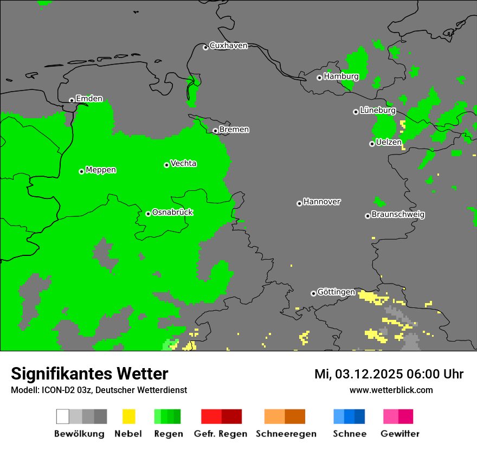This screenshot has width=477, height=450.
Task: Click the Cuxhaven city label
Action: click(x=228, y=46)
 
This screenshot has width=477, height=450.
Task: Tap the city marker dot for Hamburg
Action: click(x=320, y=78)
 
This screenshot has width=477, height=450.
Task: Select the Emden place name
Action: click(x=89, y=99)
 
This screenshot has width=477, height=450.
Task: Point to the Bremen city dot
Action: click(x=215, y=131)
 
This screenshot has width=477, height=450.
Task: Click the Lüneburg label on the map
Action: click(x=378, y=110)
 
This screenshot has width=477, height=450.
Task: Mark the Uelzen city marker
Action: click(x=372, y=144)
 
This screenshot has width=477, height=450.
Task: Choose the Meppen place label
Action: click(x=101, y=170)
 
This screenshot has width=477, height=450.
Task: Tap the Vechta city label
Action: click(x=183, y=163)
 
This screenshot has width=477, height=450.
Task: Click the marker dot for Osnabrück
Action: click(x=148, y=214)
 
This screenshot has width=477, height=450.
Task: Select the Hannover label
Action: click(x=321, y=202)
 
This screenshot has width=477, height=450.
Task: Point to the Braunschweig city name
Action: click(x=398, y=214)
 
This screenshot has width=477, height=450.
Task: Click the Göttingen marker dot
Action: click(x=313, y=293)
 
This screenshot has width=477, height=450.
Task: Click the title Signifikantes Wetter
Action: click(x=89, y=374)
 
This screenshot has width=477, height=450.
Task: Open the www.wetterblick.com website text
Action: click(x=391, y=390)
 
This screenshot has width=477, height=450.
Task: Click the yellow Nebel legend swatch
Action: click(x=128, y=416)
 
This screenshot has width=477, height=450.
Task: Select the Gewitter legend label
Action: click(x=400, y=434)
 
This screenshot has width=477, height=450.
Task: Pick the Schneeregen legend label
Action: click(x=286, y=434)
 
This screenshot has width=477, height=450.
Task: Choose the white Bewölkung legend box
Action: click(x=63, y=416)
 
